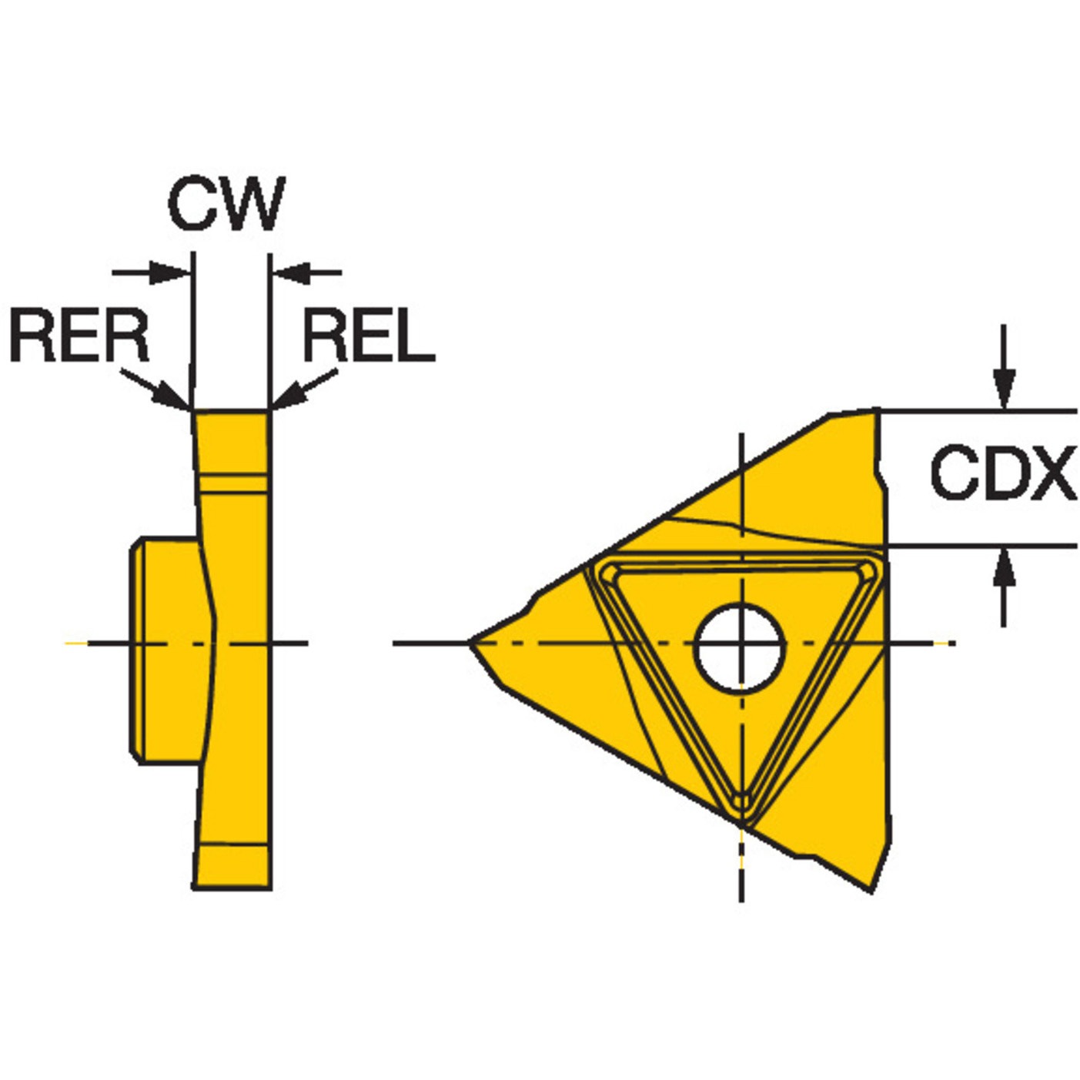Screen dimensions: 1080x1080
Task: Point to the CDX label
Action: pos(1003,472)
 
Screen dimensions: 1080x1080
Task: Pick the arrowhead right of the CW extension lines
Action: pos(293,273)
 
